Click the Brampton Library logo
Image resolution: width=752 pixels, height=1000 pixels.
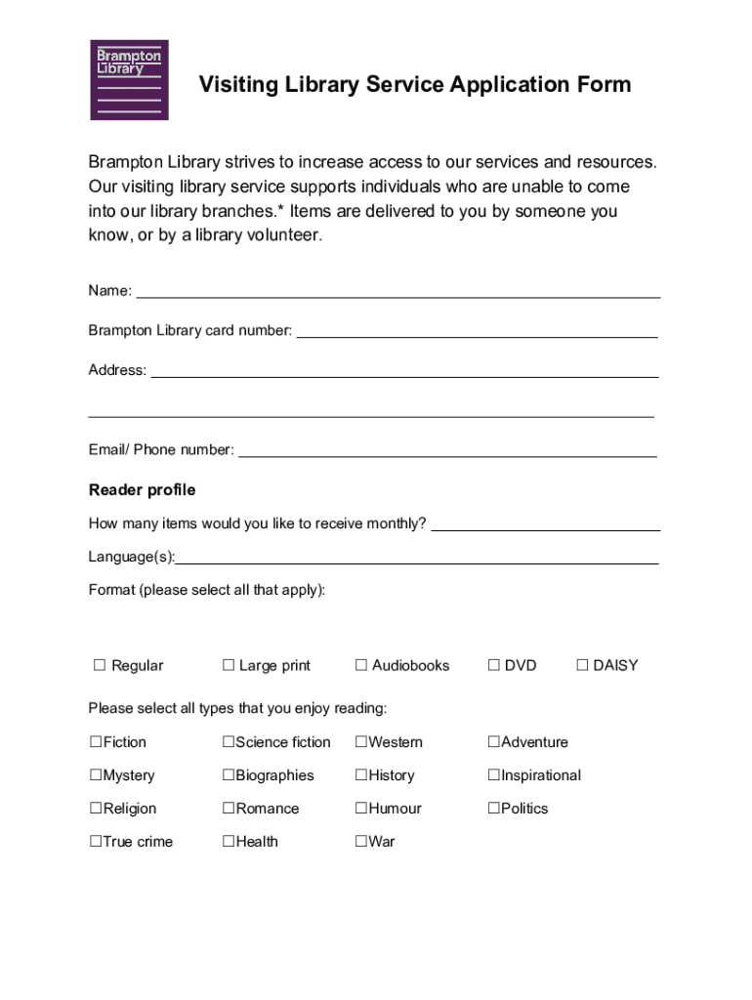(x=129, y=80)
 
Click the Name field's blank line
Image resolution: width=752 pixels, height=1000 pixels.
(x=397, y=295)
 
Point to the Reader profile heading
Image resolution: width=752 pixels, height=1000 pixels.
(x=142, y=489)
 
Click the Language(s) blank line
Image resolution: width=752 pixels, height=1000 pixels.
(x=417, y=562)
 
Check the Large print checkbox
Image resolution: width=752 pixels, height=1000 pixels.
(x=229, y=665)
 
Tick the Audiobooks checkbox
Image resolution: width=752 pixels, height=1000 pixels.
(x=361, y=665)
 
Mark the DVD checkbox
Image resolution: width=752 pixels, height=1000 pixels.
(x=494, y=665)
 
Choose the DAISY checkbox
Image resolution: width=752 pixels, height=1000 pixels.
(x=582, y=665)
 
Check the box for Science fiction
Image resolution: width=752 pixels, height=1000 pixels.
(x=229, y=742)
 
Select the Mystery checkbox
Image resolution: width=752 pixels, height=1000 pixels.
(x=96, y=775)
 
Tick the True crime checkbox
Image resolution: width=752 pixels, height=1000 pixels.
(x=96, y=842)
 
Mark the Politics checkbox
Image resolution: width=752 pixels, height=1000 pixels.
(x=494, y=809)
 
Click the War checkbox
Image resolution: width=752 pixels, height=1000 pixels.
(x=361, y=842)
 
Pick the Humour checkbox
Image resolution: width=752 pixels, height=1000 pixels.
(x=361, y=809)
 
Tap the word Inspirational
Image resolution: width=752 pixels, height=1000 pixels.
(x=541, y=775)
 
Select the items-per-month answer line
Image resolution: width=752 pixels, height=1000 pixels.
(x=545, y=528)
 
